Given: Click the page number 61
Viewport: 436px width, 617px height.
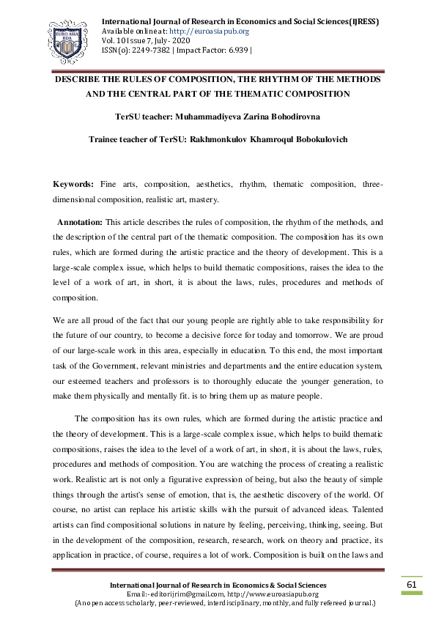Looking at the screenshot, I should pyautogui.click(x=411, y=584).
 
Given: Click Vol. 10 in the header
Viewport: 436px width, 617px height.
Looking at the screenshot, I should pyautogui.click(x=112, y=41).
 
